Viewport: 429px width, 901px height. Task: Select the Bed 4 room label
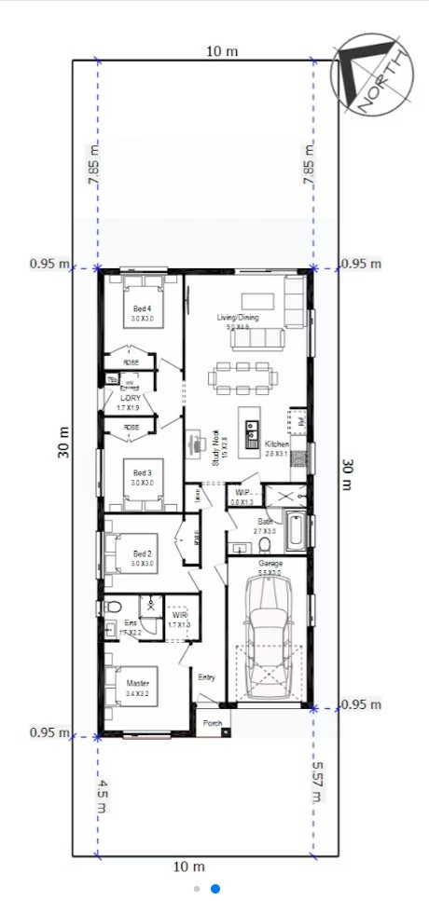pyautogui.click(x=142, y=308)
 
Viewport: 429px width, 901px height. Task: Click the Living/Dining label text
pyautogui.click(x=238, y=319)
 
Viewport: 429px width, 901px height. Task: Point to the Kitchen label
pyautogui.click(x=277, y=444)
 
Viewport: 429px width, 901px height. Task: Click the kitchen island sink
pyautogui.click(x=251, y=431)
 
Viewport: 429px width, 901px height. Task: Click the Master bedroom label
pyautogui.click(x=137, y=684)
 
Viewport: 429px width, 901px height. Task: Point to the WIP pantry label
pyautogui.click(x=242, y=492)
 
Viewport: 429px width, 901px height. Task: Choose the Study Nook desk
pyautogui.click(x=197, y=442)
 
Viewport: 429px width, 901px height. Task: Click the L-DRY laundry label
pyautogui.click(x=129, y=398)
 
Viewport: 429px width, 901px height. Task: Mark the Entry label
pyautogui.click(x=207, y=677)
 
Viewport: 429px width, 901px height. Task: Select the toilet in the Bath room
pyautogui.click(x=265, y=542)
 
